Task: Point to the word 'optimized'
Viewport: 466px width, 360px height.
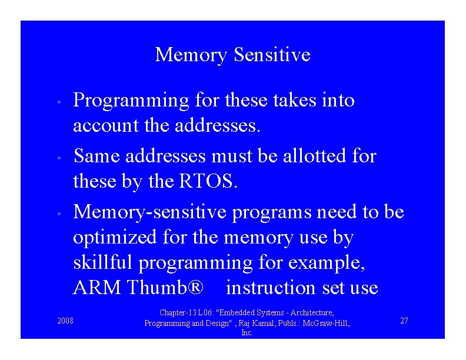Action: tap(111, 238)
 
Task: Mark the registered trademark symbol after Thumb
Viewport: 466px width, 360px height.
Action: tap(195, 288)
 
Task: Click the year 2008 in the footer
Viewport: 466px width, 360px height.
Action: tap(65, 321)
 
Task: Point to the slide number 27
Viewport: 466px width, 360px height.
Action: tap(404, 321)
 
